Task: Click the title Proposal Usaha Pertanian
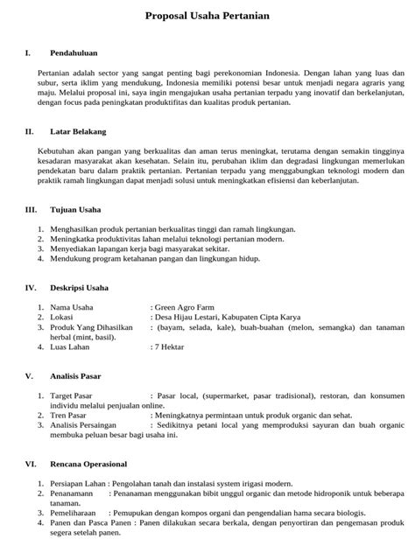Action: (207, 17)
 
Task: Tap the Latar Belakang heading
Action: (75, 132)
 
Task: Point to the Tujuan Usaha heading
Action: (75, 210)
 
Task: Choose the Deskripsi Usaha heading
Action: (79, 287)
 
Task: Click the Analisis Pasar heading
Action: (75, 376)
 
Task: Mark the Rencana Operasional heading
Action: (88, 464)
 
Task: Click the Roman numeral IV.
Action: (30, 287)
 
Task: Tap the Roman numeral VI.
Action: (30, 464)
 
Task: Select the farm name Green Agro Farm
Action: (184, 307)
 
